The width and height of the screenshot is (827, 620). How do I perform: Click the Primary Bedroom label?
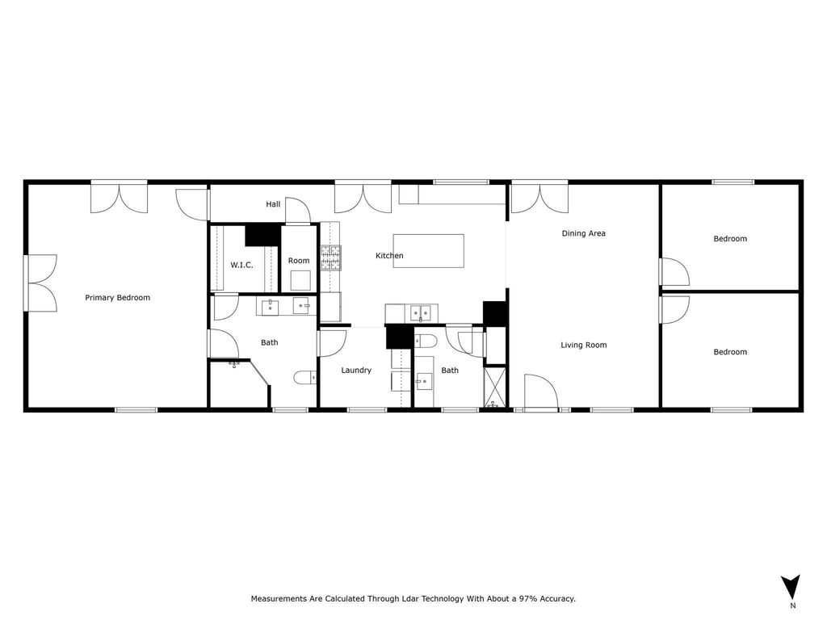tap(118, 298)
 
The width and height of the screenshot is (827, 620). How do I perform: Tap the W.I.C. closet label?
tap(241, 265)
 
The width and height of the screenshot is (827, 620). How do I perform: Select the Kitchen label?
tap(389, 256)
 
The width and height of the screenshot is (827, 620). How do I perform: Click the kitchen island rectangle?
tap(428, 251)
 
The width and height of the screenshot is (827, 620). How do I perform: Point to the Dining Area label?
tap(583, 233)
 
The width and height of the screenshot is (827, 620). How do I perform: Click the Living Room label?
tap(583, 346)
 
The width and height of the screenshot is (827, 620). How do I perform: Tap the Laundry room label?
tap(356, 371)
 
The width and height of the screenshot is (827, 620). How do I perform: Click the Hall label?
tap(273, 204)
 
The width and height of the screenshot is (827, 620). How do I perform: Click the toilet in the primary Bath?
tap(304, 378)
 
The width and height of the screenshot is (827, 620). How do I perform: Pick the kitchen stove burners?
tap(330, 258)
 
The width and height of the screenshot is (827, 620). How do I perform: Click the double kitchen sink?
tap(421, 313)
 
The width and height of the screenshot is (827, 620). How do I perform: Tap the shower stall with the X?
tap(495, 387)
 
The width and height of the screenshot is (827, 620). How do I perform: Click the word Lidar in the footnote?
tap(409, 599)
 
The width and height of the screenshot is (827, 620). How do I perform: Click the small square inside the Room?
tap(300, 280)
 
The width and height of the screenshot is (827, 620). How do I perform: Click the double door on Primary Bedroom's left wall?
tap(41, 283)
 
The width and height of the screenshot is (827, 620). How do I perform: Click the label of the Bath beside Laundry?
tap(450, 371)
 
